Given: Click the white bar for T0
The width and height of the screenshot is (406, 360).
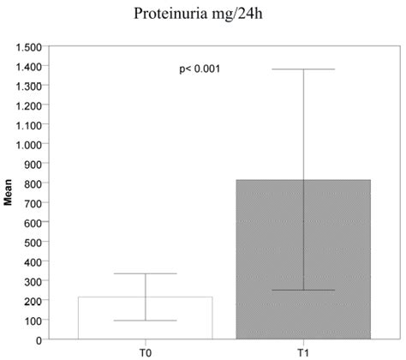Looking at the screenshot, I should tap(145, 318).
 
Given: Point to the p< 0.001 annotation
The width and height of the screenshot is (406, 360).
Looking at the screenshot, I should tap(199, 69).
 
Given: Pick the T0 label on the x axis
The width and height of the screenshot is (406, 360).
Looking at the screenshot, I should tap(145, 351).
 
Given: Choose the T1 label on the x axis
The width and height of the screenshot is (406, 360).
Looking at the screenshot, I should tap(304, 351).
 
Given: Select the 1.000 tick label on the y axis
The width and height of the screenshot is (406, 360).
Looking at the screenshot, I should tap(28, 144).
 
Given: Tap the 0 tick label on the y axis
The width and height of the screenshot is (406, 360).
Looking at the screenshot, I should tap(38, 340).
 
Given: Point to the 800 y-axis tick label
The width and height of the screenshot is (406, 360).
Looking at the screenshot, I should tap(33, 183).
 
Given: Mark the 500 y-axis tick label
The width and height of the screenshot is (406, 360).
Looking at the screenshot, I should tap(33, 243).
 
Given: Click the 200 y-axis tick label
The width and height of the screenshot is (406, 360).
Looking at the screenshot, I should tap(33, 301).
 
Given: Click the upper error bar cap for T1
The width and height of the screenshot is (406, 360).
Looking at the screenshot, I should tap(304, 69).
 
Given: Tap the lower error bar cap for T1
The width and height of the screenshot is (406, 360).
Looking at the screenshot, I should tap(304, 291).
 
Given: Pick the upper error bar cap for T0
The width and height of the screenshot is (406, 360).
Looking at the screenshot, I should tap(145, 273).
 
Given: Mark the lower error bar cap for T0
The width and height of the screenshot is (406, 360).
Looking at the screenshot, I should tap(145, 321).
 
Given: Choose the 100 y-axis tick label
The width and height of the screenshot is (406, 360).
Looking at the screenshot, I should tap(33, 321).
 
